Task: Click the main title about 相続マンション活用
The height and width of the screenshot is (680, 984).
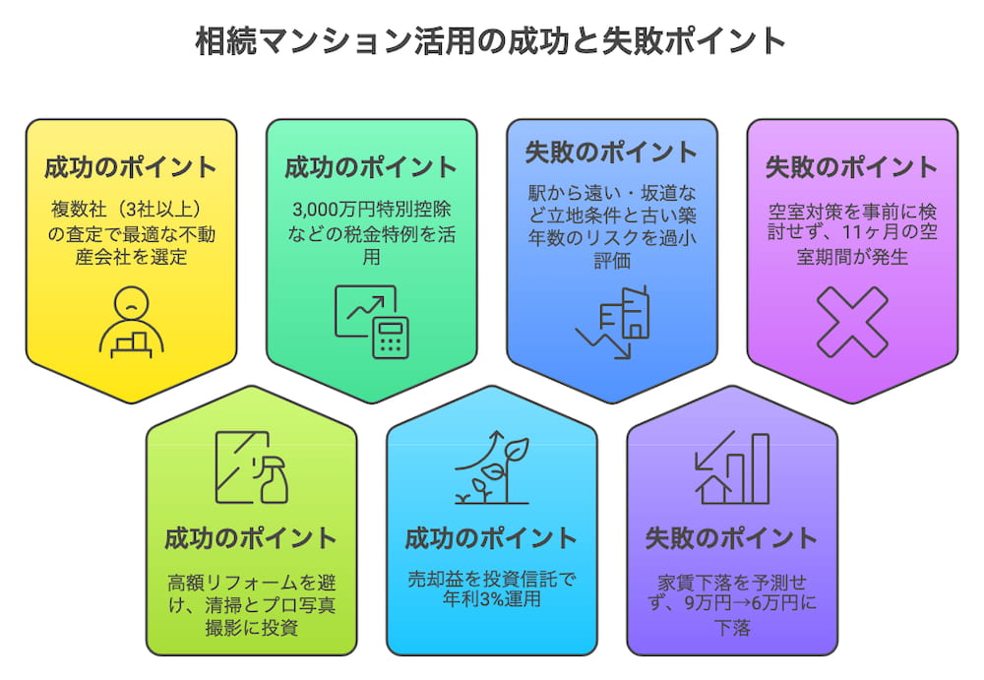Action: click(x=491, y=41)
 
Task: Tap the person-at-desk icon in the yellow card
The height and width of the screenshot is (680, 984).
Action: click(x=131, y=321)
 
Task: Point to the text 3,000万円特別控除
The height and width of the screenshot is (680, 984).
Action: click(x=371, y=212)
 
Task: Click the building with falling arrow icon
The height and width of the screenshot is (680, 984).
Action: click(x=612, y=321)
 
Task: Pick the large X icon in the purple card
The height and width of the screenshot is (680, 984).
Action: click(x=852, y=321)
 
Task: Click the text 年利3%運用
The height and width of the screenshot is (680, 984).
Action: click(x=491, y=597)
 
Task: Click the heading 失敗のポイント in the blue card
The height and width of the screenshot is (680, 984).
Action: click(x=612, y=153)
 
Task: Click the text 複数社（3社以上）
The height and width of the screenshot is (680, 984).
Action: click(x=131, y=212)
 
